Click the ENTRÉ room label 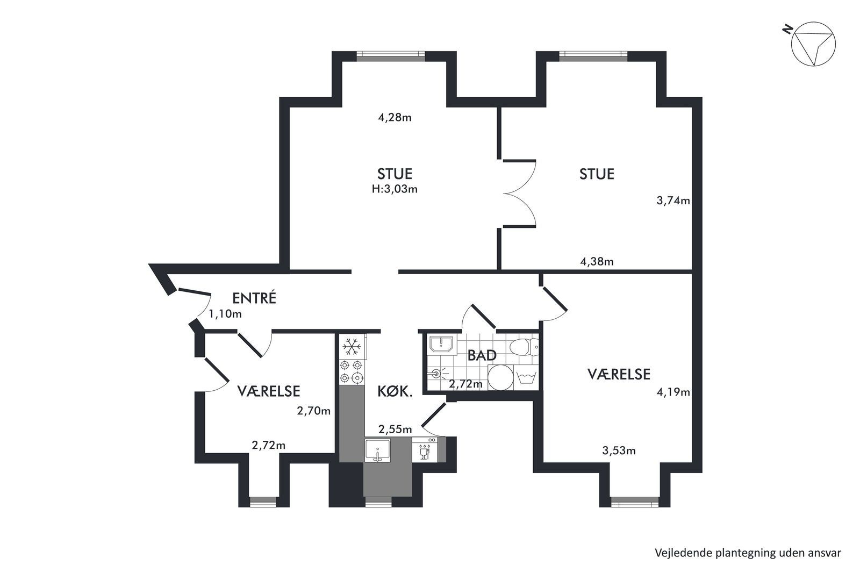(x=254, y=298)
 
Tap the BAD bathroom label (x=482, y=355)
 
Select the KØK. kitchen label (x=395, y=391)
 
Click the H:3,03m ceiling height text (x=395, y=189)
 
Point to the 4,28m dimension (x=395, y=117)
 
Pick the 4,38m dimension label (x=597, y=262)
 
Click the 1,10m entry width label (x=225, y=314)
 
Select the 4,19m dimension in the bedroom (x=673, y=392)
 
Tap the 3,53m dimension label (x=619, y=450)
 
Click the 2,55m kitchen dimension (x=395, y=429)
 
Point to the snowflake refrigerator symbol (x=352, y=346)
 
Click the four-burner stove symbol (x=352, y=371)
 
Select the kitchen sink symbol (x=378, y=450)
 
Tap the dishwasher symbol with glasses (x=425, y=449)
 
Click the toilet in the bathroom (x=524, y=347)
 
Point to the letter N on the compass (x=788, y=30)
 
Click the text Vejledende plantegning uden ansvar (x=748, y=553)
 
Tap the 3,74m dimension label (x=673, y=200)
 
